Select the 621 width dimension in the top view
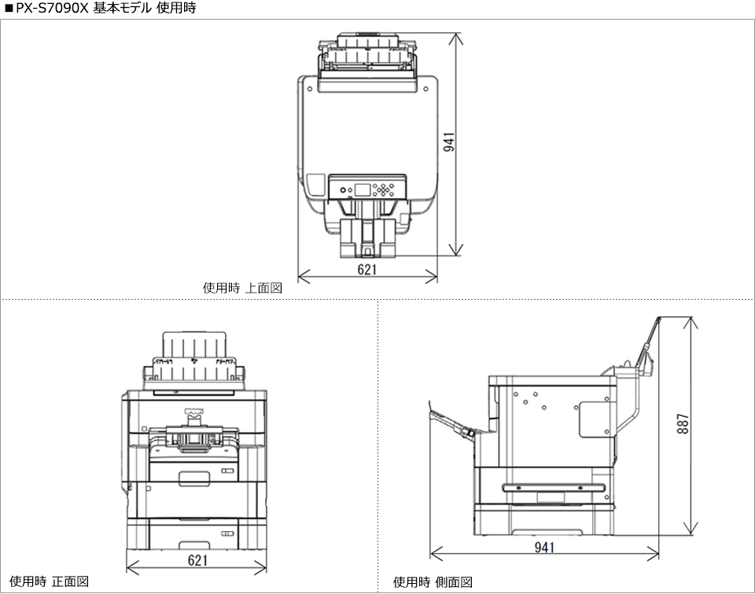click(367, 269)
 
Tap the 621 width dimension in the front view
click(197, 560)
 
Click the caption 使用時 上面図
click(242, 289)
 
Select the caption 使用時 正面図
click(49, 581)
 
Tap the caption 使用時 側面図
click(433, 581)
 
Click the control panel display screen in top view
click(363, 190)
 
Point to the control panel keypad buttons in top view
click(385, 190)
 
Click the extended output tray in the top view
click(367, 238)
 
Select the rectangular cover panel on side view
click(595, 419)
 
